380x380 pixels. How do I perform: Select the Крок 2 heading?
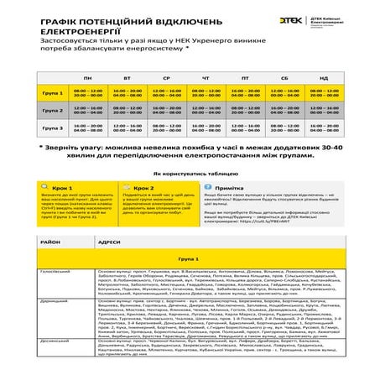pos(143,189)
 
